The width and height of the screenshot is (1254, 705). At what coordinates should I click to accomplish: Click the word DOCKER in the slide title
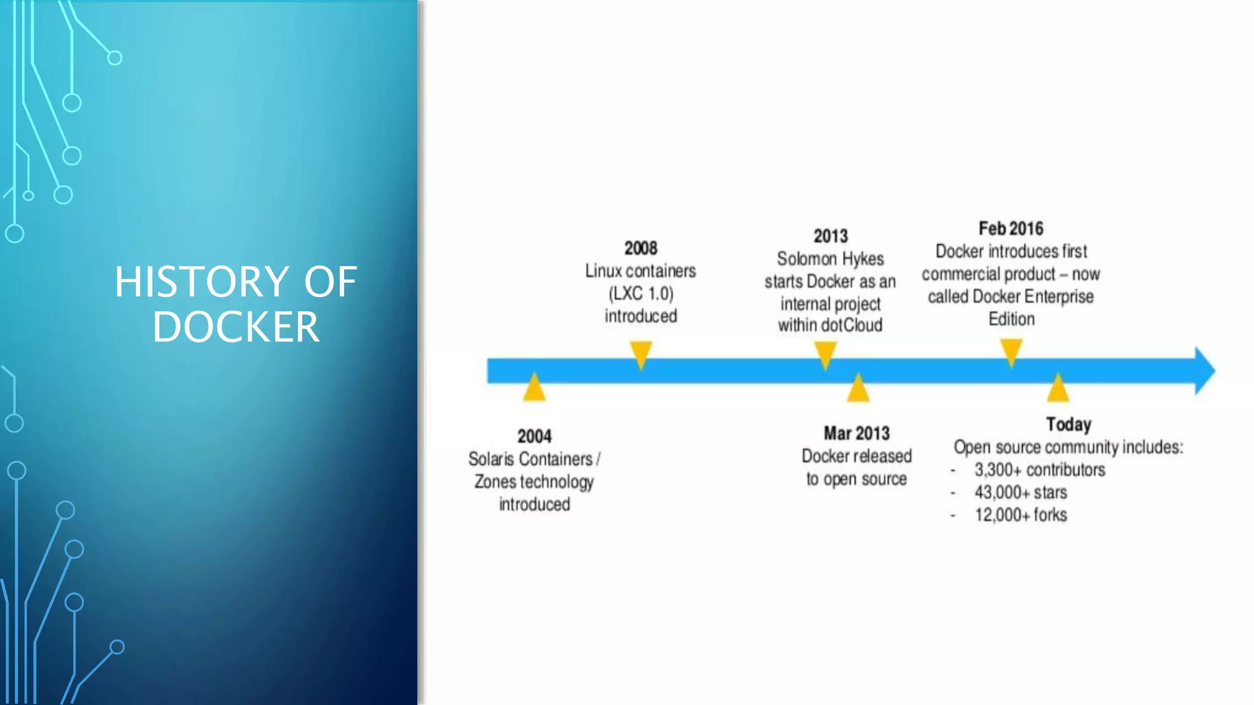(x=236, y=327)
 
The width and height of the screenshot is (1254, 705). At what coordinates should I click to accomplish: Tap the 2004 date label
(x=534, y=436)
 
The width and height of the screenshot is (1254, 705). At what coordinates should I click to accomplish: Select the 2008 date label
(x=640, y=248)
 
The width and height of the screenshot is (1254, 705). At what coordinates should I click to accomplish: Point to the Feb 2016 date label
(x=1010, y=228)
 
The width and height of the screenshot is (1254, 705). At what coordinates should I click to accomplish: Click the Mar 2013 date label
(x=856, y=433)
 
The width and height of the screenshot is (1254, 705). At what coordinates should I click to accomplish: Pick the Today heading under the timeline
(x=1068, y=424)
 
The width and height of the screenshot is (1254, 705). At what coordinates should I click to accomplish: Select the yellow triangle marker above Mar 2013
(x=858, y=389)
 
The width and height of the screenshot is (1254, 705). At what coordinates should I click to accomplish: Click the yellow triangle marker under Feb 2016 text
(x=1011, y=352)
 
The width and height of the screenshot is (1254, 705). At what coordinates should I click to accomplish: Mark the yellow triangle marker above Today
(x=1057, y=389)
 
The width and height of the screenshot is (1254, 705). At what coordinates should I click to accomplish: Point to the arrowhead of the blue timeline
(x=1204, y=371)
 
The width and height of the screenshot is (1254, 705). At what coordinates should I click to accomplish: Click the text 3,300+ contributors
(x=1040, y=469)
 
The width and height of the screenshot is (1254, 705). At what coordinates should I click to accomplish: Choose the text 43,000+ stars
(x=1021, y=492)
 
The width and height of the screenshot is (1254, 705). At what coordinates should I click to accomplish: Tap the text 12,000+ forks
(x=1021, y=515)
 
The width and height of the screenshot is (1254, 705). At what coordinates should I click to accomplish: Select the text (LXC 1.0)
(x=640, y=294)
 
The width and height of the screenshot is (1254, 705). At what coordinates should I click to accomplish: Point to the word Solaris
(x=491, y=459)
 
